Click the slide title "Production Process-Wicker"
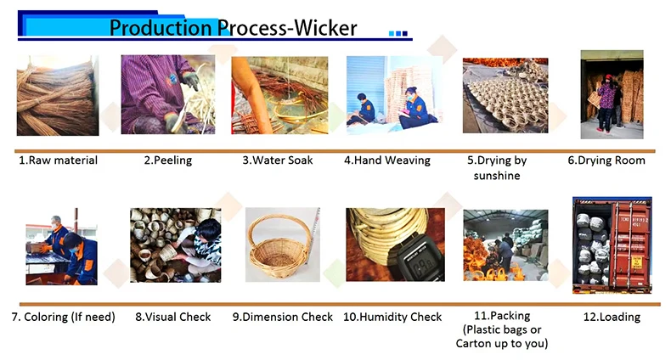pos(233,28)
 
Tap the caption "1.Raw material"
pos(59,160)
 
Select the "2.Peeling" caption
pos(168,160)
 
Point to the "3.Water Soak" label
pos(277,160)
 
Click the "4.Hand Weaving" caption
pos(387,160)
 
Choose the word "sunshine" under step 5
pos(497,176)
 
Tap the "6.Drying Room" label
pos(606,160)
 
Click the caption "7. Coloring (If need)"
pos(64,317)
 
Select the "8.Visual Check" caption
pos(173,317)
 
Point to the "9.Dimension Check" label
pos(283,317)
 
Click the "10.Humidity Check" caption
pos(392,317)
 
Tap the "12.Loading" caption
pos(612,317)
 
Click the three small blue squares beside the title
pos(398,33)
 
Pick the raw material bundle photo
pos(58,96)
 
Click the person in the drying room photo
pos(606,104)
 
